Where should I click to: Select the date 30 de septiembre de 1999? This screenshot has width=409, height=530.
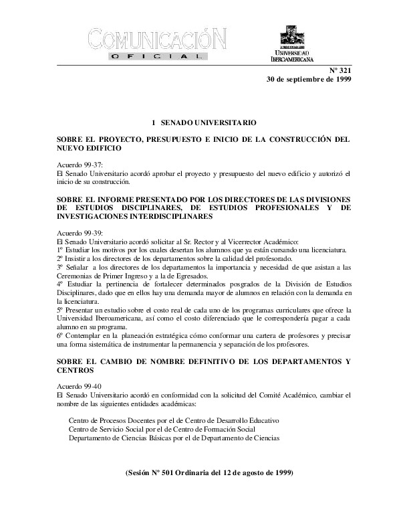coord(309,79)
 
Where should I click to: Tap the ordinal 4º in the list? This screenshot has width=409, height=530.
coord(62,285)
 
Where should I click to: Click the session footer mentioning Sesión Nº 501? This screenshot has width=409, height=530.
coord(209,472)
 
